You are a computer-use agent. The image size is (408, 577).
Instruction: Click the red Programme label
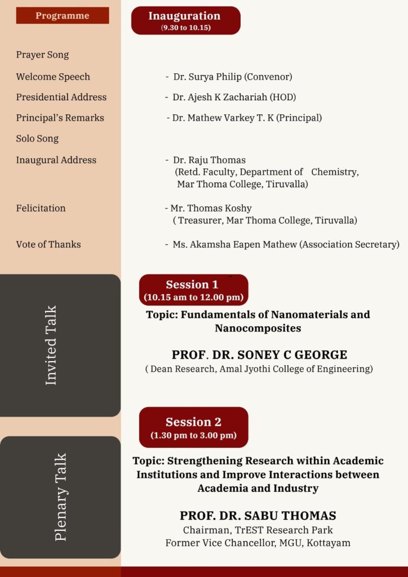[x=62, y=16]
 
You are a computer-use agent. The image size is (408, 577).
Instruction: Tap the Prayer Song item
[x=42, y=55]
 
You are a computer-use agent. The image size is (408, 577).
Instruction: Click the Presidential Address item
[x=61, y=97]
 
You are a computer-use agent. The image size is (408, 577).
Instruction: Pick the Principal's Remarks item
[x=60, y=118]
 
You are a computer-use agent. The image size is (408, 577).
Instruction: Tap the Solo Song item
[x=37, y=138]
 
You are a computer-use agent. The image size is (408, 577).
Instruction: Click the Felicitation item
[x=41, y=208]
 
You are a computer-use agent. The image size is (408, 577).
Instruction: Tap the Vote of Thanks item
[x=48, y=244]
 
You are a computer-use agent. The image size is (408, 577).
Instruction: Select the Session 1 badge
[x=193, y=290]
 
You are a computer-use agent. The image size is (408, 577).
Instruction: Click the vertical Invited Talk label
[x=51, y=345]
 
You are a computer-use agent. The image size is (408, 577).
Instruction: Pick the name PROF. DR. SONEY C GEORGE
[x=259, y=355]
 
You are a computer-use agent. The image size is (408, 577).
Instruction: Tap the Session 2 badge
[x=193, y=427]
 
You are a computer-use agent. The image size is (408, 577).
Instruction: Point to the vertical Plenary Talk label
[x=61, y=497]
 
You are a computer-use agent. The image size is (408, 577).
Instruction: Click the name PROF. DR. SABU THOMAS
[x=258, y=516]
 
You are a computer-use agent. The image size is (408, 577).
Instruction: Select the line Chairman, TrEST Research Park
[x=258, y=530]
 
